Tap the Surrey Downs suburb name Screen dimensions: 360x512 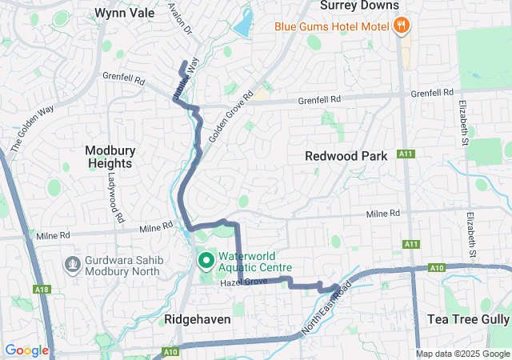tap(359, 6)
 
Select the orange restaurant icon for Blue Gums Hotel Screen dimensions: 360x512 tap(402, 26)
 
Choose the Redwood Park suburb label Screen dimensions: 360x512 tap(346, 156)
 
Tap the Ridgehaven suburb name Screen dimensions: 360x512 tap(198, 319)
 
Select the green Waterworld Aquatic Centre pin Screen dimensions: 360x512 tap(205, 260)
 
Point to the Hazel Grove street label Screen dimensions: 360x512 tap(245, 282)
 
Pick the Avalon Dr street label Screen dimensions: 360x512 tap(182, 18)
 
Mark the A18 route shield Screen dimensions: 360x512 tap(41, 288)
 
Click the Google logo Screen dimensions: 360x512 tap(26, 350)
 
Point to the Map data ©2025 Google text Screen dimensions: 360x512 tap(462, 354)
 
